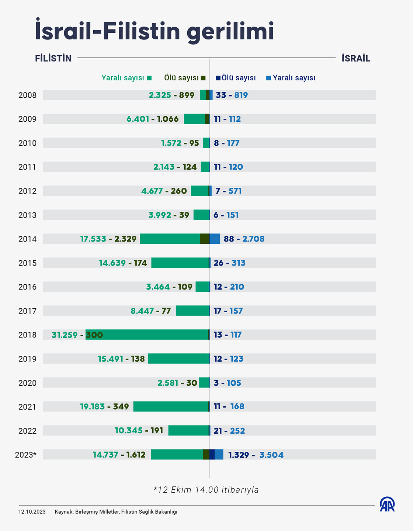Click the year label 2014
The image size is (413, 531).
[27, 239]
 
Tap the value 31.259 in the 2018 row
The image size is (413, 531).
[65, 335]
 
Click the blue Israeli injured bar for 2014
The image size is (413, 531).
[215, 239]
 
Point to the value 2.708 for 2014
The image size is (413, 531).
[253, 239]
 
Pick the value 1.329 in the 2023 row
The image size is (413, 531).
[239, 455]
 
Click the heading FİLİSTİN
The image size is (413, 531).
[53, 58]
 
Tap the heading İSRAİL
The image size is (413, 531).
[356, 58]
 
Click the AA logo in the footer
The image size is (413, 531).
[388, 504]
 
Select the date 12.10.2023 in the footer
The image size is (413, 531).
[32, 512]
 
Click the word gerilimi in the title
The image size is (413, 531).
[230, 31]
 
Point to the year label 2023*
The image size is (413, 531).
[26, 455]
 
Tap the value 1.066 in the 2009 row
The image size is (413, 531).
[168, 119]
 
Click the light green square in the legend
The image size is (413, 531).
[149, 78]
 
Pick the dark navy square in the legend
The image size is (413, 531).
[218, 78]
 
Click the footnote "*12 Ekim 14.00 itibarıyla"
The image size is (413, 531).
[206, 490]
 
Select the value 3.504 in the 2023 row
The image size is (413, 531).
[271, 455]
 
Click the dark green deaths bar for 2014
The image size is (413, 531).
[205, 239]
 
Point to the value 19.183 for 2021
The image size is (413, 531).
[93, 407]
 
